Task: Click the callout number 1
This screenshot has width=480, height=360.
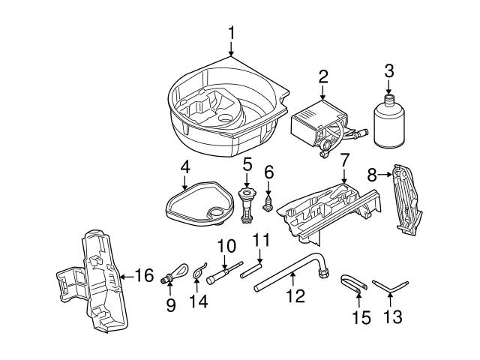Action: click(x=232, y=33)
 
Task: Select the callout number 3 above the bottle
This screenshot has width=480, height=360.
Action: click(x=388, y=71)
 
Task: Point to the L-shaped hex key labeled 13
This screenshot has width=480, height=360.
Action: click(x=392, y=286)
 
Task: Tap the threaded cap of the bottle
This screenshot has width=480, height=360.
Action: click(x=388, y=100)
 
